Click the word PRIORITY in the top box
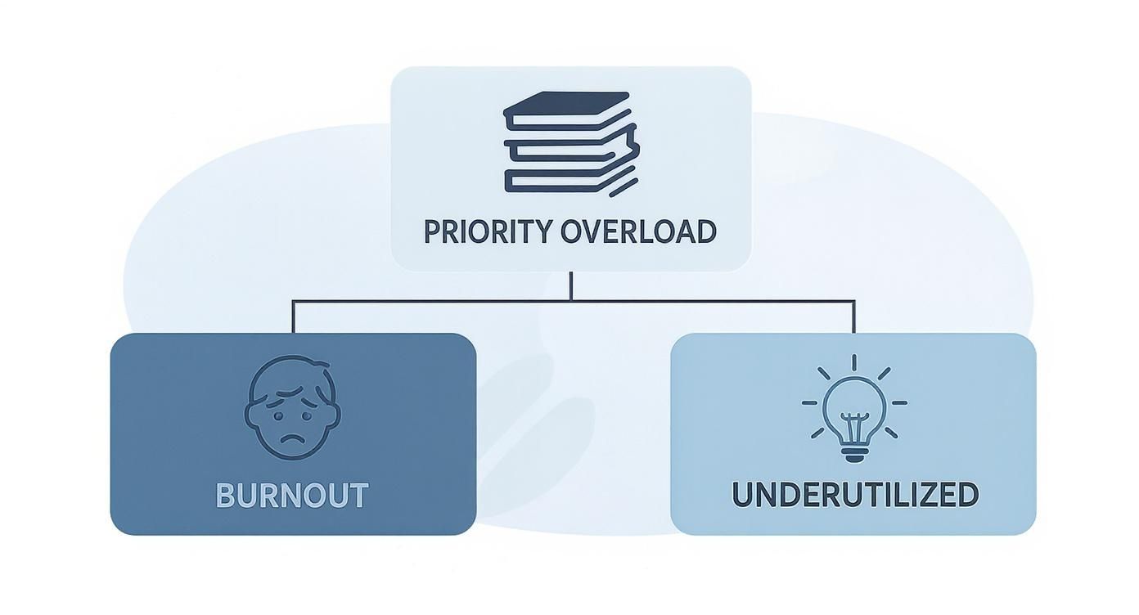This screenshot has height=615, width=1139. (488, 231)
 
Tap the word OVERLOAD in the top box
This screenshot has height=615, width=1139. (639, 231)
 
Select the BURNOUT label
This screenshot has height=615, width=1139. (292, 496)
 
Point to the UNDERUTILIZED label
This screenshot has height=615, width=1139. (854, 495)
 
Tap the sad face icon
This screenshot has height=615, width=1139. (292, 406)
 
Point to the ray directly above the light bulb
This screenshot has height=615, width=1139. (854, 362)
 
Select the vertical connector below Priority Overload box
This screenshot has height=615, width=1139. (570, 285)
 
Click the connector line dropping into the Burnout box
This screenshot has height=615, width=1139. (293, 317)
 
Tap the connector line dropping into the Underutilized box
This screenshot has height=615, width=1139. (854, 317)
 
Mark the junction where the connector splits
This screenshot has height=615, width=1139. (570, 301)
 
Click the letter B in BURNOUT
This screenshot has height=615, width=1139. (227, 496)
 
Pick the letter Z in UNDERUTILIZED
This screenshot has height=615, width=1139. (932, 495)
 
